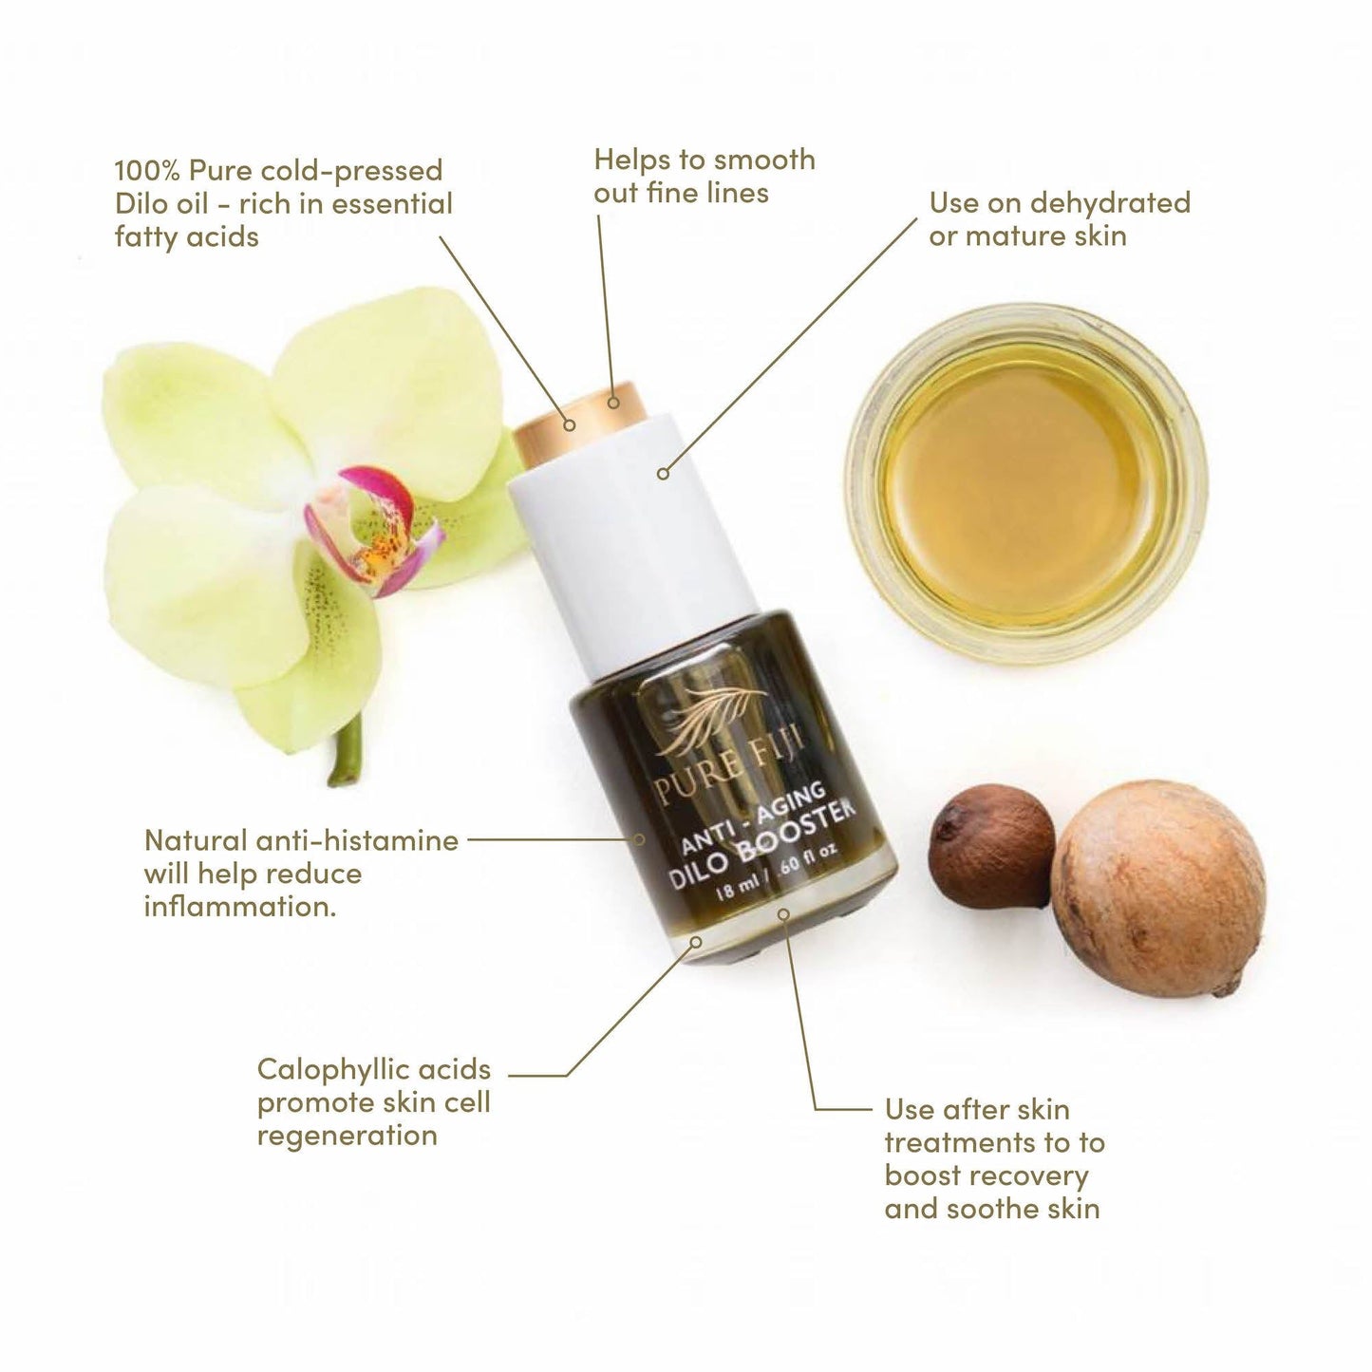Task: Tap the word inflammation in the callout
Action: [240, 907]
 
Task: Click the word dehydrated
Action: [1109, 203]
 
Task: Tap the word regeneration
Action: [348, 1136]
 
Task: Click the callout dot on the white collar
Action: [664, 472]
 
